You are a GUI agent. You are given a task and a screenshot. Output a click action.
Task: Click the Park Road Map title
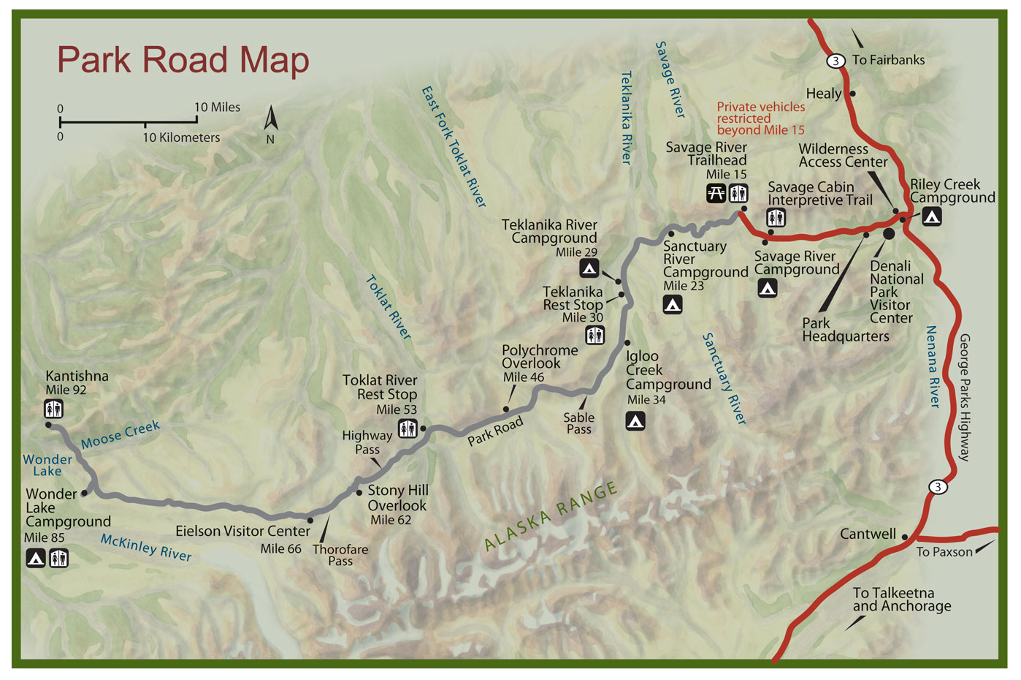[183, 61]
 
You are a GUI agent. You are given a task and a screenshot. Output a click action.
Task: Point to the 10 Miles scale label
[217, 107]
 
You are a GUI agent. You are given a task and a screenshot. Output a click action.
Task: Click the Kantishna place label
[77, 377]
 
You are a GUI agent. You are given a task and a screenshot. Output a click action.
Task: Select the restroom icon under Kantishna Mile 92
[53, 409]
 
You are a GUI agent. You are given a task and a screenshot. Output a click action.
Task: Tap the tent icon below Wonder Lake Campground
[36, 559]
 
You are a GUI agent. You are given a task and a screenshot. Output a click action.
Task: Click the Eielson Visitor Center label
[242, 532]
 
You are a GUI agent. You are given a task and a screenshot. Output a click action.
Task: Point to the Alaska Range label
[551, 516]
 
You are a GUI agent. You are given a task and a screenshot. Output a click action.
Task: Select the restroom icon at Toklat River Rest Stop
[408, 428]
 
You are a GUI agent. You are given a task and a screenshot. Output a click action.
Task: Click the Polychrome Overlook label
[539, 357]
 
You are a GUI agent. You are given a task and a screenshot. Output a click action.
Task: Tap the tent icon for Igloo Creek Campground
[635, 420]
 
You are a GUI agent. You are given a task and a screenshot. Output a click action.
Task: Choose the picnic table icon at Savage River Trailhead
[716, 193]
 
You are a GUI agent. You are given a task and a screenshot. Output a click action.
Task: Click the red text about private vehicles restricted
[760, 118]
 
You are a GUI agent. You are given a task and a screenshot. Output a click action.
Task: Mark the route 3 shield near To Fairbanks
[835, 61]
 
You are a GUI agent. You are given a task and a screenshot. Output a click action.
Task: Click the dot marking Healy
[852, 94]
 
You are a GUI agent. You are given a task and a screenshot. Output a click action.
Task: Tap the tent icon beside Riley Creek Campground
[931, 216]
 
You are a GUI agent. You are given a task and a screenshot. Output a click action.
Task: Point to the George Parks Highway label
[964, 397]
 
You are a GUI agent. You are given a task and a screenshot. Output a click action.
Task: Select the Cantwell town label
[868, 534]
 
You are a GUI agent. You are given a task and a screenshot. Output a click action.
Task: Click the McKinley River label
[146, 548]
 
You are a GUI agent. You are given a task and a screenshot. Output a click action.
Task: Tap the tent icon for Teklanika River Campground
[589, 268]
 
